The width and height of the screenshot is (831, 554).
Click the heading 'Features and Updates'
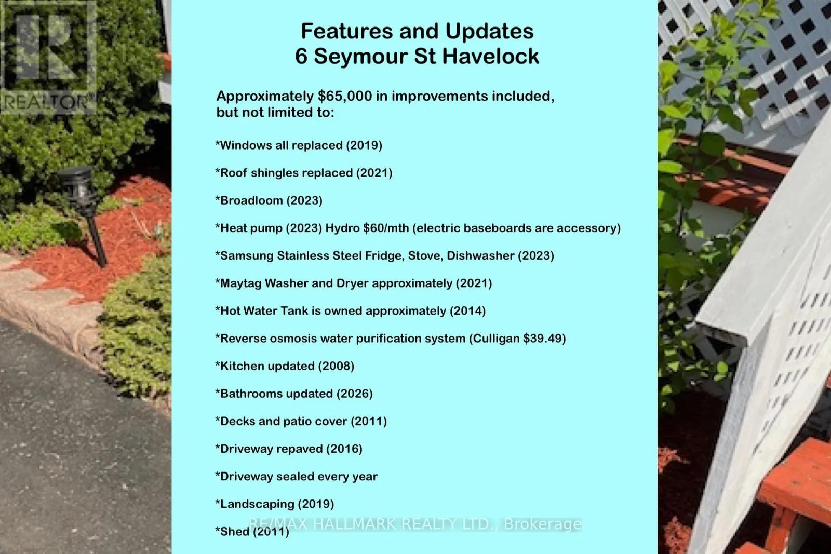[x=417, y=31]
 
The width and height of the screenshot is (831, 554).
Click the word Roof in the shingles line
[x=233, y=173]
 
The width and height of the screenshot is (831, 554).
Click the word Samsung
[x=247, y=255]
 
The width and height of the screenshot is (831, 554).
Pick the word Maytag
[x=240, y=283]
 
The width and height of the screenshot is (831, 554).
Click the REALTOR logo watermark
[x=48, y=57]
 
